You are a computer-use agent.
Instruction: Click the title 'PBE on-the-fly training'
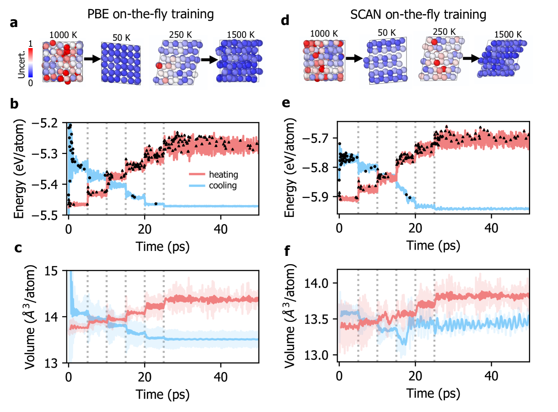[x=150, y=14]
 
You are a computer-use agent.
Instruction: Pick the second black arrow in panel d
[x=470, y=59]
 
